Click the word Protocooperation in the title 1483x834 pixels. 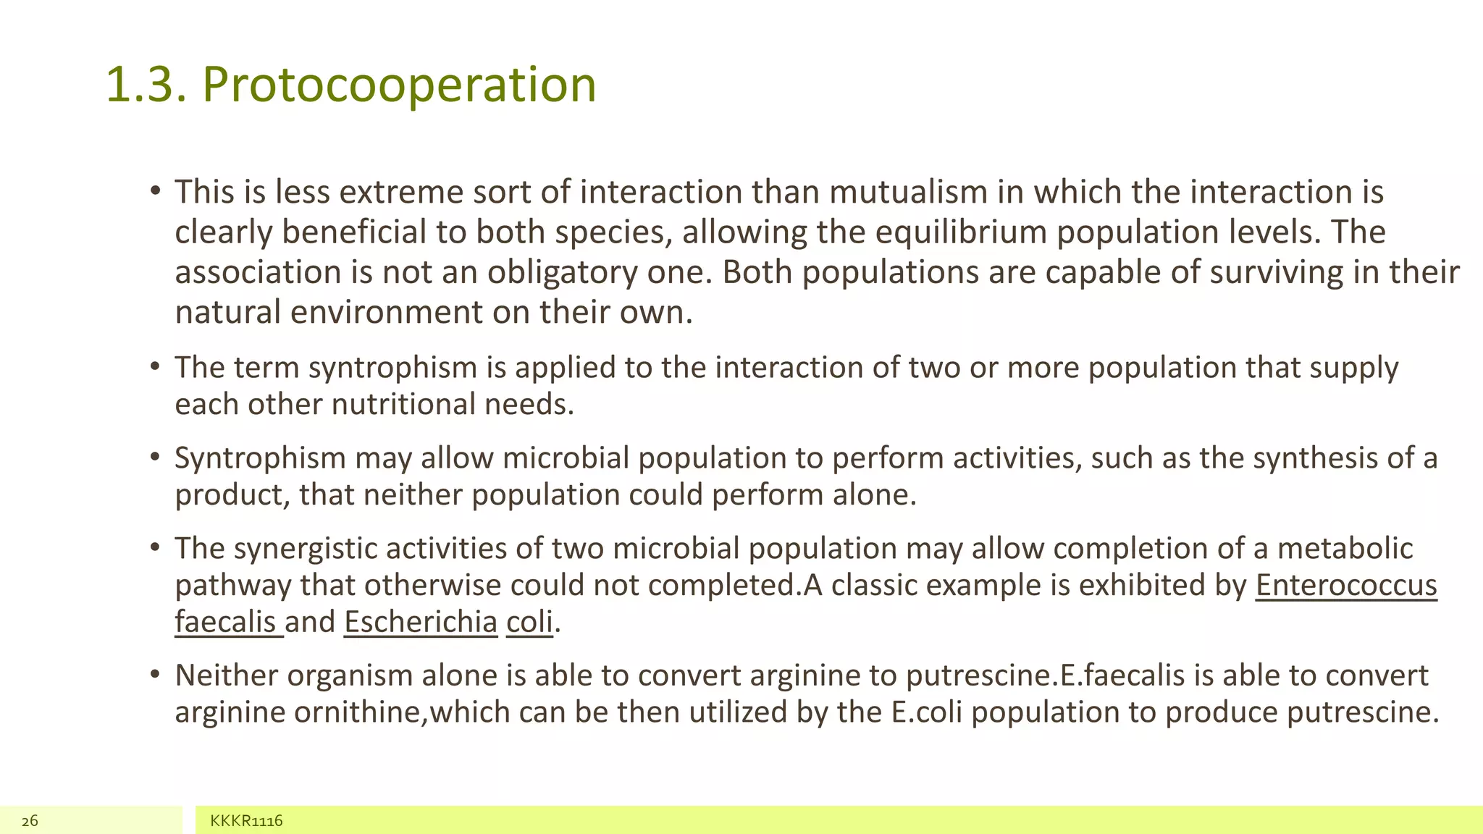click(x=399, y=85)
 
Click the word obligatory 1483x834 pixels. click(x=562, y=273)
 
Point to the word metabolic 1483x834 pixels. click(x=1345, y=549)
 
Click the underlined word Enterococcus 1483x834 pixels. click(x=1346, y=586)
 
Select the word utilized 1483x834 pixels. click(x=737, y=712)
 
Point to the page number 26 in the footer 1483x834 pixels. click(x=30, y=821)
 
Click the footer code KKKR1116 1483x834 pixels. click(x=246, y=821)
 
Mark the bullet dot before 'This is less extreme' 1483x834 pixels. click(x=155, y=192)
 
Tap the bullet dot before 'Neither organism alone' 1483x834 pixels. click(x=155, y=675)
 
